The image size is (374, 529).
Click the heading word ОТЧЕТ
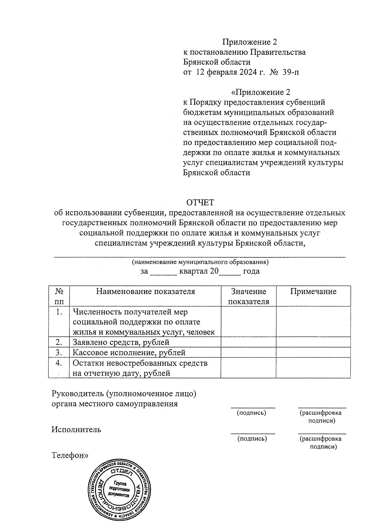200,203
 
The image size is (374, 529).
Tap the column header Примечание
313,292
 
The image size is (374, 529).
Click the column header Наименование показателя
145,292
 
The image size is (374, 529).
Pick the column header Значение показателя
248,296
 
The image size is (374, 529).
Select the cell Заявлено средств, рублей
121,342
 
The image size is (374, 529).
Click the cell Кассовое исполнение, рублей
129,352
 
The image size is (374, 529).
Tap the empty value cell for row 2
248,342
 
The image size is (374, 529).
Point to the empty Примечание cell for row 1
313,322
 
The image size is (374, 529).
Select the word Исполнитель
76,429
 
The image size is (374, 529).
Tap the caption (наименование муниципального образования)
200,262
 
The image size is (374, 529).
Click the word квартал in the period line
194,271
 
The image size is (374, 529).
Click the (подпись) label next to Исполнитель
252,439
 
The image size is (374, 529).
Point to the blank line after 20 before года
230,272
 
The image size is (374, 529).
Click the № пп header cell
59,296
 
